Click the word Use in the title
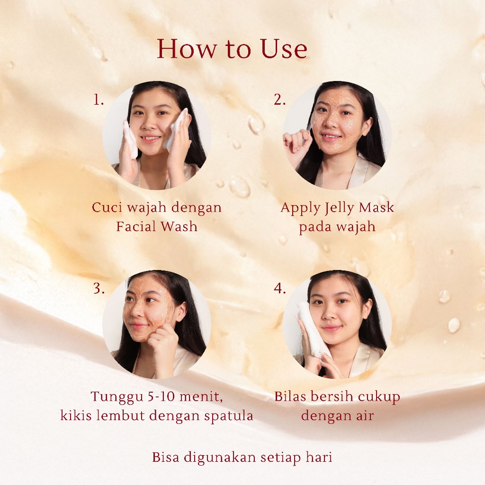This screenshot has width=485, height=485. (x=284, y=49)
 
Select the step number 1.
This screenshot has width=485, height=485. (x=99, y=100)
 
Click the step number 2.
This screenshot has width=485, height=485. (x=279, y=100)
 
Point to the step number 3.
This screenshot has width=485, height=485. (x=99, y=289)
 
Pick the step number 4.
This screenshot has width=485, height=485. (x=279, y=289)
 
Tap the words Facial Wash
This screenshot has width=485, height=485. (x=157, y=226)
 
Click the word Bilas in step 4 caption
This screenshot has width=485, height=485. (x=290, y=396)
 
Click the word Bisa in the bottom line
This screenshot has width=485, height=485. (x=165, y=457)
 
